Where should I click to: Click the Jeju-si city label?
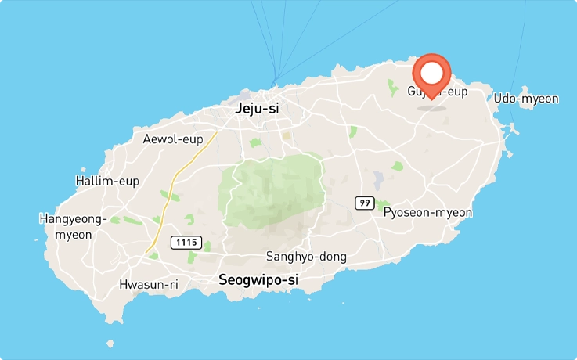(257, 109)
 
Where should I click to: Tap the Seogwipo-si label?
(258, 279)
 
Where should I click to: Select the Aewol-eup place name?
(173, 139)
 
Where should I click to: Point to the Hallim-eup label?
(107, 182)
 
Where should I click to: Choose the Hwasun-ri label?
(148, 285)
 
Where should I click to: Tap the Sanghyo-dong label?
(306, 257)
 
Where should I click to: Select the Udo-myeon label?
(526, 99)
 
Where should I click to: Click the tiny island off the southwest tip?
(110, 344)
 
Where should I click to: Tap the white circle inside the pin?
(432, 74)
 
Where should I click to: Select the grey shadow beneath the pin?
(432, 106)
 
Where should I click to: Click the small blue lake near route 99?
(379, 181)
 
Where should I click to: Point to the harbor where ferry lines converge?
(274, 83)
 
